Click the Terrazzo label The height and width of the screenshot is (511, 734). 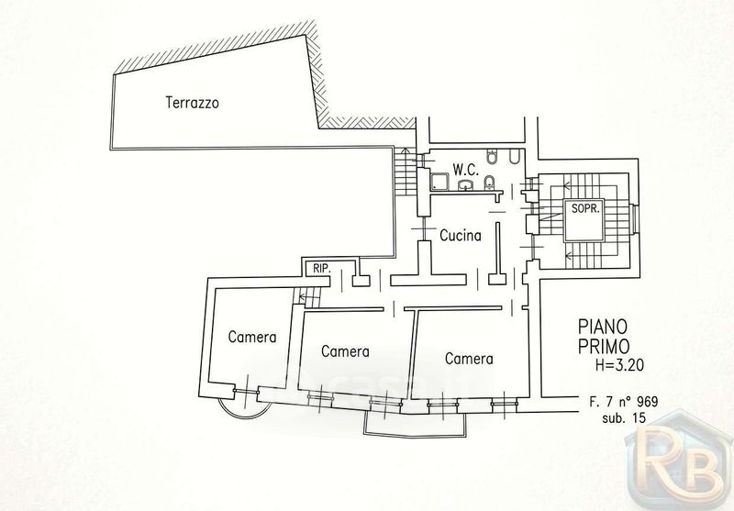tap(192, 103)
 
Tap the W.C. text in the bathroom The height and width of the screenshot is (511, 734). tap(466, 170)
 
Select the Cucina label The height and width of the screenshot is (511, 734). tap(461, 236)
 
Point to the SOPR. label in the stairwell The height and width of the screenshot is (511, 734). tap(585, 208)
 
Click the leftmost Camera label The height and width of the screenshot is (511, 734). tap(252, 337)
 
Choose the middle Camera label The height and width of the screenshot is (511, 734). tap(346, 351)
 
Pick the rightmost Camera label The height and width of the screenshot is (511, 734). tap(469, 359)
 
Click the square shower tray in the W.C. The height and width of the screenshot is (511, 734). tap(439, 182)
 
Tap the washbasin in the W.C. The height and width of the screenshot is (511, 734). tap(466, 185)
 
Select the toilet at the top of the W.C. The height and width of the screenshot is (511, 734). tap(492, 157)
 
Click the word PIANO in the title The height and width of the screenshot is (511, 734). tap(603, 326)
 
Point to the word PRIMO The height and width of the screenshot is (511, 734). tap(604, 347)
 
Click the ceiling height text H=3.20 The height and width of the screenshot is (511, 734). tap(619, 365)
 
